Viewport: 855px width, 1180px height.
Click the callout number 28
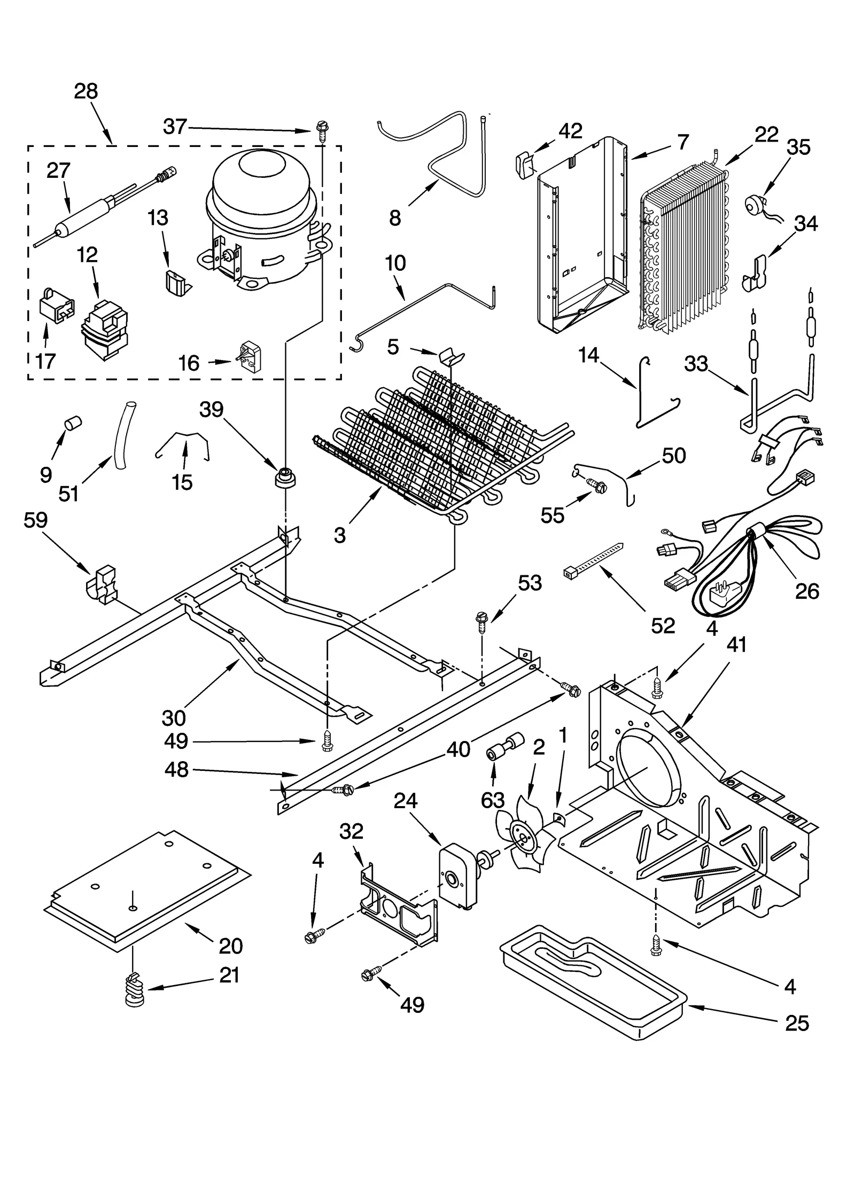pos(86,91)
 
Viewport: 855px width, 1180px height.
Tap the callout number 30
pos(174,718)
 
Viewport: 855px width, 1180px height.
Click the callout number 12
pos(87,254)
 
